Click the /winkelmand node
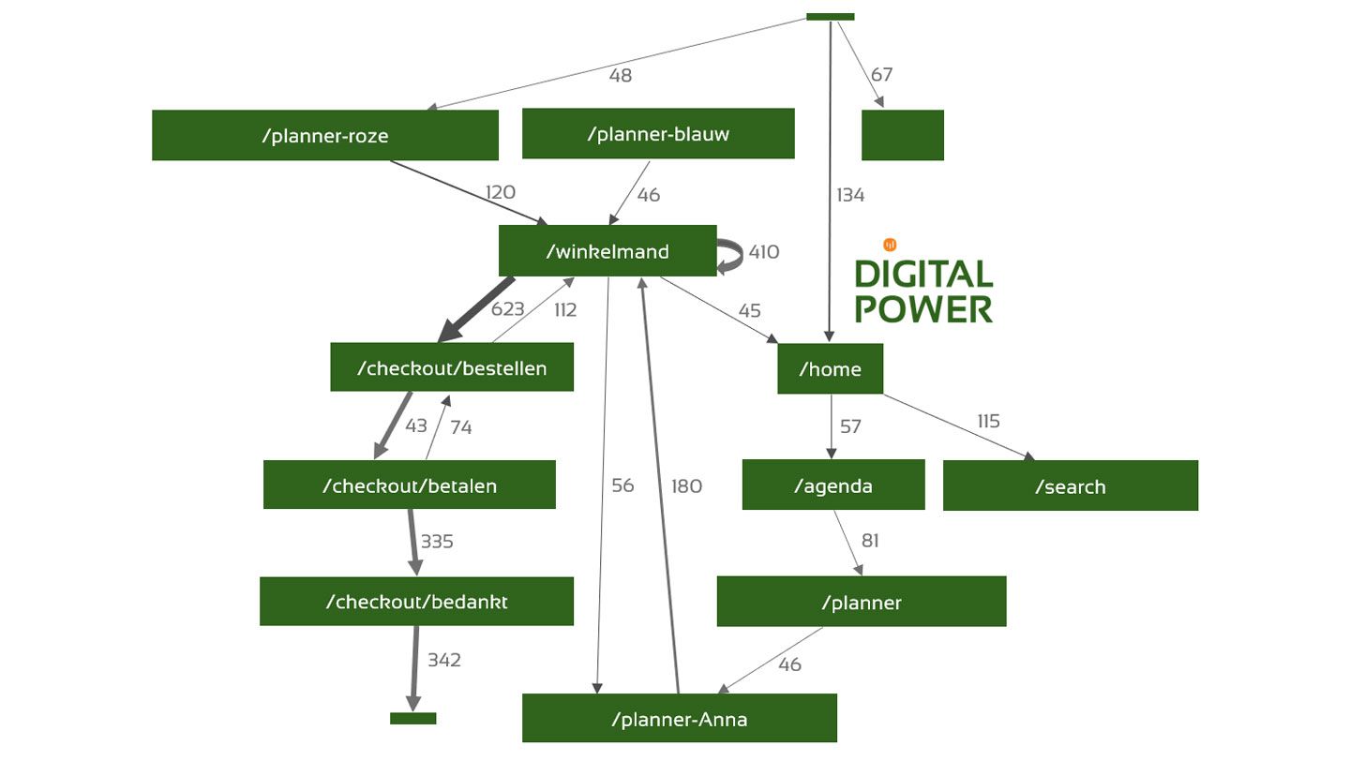click(607, 251)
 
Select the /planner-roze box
click(324, 136)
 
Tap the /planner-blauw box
click(657, 134)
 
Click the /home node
click(830, 369)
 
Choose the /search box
click(1070, 486)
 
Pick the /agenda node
click(832, 485)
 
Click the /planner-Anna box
click(679, 719)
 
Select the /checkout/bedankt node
click(416, 602)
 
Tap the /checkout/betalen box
click(409, 485)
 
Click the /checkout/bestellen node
click(452, 367)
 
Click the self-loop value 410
click(763, 251)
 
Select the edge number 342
click(443, 660)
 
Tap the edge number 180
click(686, 485)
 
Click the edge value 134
click(849, 195)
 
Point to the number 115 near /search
click(988, 421)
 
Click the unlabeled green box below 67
click(902, 136)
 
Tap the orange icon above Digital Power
click(890, 245)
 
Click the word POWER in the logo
click(922, 308)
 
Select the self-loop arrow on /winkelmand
click(729, 253)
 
